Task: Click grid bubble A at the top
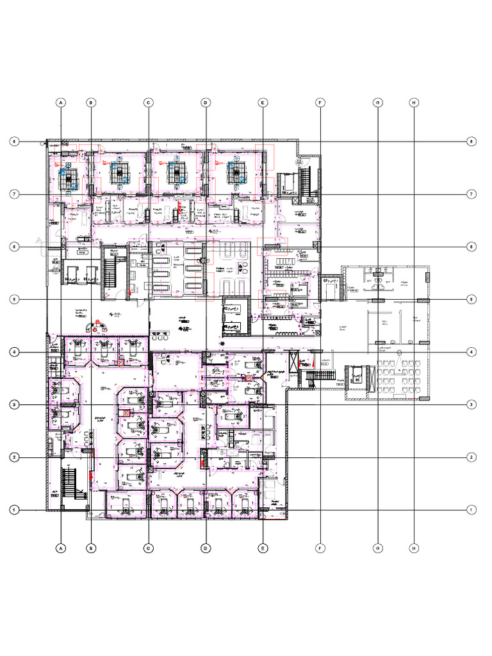pos(61,102)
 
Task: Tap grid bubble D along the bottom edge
pos(206,548)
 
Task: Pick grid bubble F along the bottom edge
pos(320,548)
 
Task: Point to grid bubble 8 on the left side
pos(12,142)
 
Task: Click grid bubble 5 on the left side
pos(12,299)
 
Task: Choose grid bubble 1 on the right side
pos(471,510)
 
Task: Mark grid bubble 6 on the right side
pos(471,247)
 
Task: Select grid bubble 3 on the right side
pos(471,405)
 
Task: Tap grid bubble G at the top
pos(378,102)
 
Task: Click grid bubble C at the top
pos(148,102)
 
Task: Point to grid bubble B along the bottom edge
pos(91,548)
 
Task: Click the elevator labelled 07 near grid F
pos(331,290)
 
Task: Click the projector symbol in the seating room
pos(398,353)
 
